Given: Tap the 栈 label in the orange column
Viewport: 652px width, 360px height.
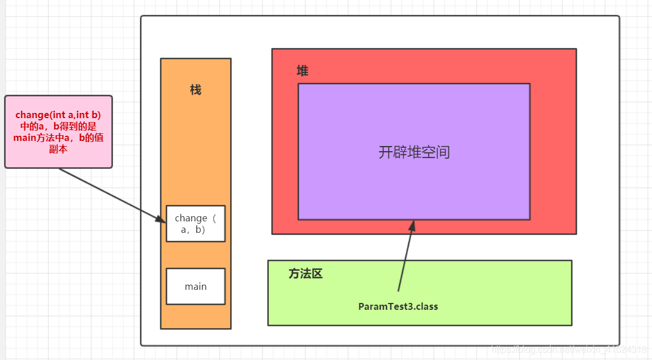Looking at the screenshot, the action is [x=196, y=90].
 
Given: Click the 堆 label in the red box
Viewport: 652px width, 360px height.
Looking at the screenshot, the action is [x=303, y=71].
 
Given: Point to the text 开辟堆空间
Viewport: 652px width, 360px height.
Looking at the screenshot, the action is [x=414, y=152].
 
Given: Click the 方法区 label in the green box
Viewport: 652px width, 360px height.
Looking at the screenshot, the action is [x=305, y=274].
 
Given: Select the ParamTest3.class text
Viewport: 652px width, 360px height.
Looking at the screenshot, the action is [x=398, y=306].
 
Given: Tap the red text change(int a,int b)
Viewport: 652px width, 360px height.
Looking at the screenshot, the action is [x=58, y=115].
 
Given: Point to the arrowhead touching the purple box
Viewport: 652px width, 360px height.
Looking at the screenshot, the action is [x=412, y=225].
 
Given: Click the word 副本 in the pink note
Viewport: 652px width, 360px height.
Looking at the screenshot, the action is [x=58, y=148].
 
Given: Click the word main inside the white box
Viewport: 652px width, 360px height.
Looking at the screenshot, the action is [x=195, y=286].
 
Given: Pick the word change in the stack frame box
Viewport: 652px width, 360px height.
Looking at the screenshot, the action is [x=191, y=218].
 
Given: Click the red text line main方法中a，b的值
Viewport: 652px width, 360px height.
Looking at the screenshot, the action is [x=58, y=137].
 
